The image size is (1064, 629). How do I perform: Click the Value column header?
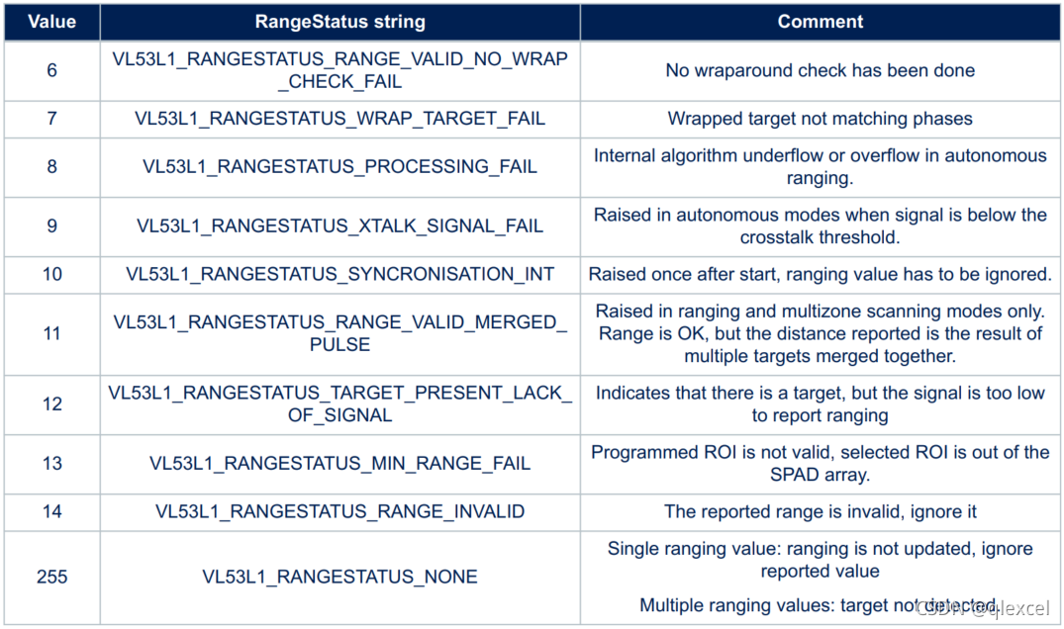[51, 21]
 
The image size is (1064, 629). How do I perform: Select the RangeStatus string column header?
[339, 21]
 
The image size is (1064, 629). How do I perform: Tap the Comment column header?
[820, 21]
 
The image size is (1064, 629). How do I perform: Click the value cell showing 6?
[51, 70]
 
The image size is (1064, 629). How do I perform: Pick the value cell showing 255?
[51, 577]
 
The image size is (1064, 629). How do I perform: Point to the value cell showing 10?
[51, 274]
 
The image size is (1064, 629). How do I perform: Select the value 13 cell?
[51, 463]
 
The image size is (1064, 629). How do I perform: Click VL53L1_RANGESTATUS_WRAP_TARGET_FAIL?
[339, 119]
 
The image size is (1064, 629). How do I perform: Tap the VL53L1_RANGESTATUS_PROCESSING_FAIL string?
[339, 166]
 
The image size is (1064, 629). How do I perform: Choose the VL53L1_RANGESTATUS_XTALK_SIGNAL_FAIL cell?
[339, 225]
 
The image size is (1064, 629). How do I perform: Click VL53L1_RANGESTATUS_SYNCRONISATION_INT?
[339, 274]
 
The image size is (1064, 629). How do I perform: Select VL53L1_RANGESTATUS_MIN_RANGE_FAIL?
[339, 463]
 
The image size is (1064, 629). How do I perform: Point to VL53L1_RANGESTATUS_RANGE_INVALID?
[339, 511]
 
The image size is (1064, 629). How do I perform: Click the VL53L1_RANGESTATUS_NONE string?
[339, 577]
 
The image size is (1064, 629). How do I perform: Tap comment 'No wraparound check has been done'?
[820, 70]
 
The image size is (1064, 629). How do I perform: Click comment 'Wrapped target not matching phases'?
[820, 119]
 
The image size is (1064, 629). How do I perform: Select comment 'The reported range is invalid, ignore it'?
[820, 511]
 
